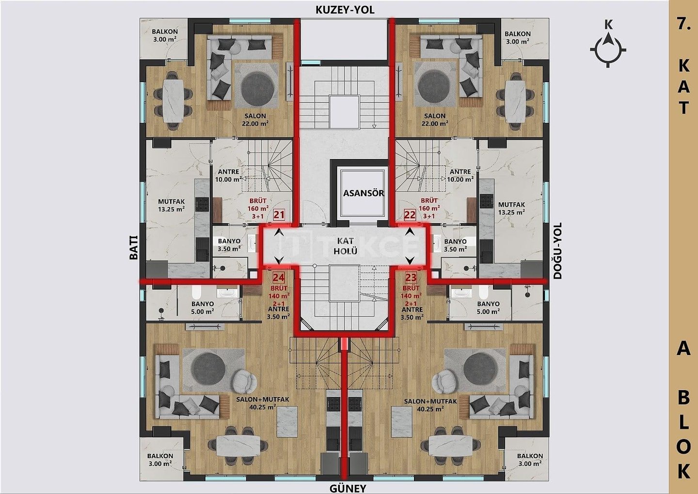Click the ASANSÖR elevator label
tap(364, 193)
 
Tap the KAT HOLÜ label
tap(345, 246)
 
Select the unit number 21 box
tap(279, 215)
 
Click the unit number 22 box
tap(410, 215)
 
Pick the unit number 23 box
tap(411, 278)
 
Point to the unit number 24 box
tap(279, 278)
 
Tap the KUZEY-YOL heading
tap(345, 10)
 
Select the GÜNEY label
tap(348, 488)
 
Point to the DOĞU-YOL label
tap(557, 250)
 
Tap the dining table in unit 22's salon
tap(515, 102)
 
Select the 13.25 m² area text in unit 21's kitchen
tap(171, 209)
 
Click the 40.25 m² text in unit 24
tap(263, 407)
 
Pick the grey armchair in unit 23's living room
tap(443, 381)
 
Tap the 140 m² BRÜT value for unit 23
tap(411, 296)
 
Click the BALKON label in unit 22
tap(518, 33)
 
